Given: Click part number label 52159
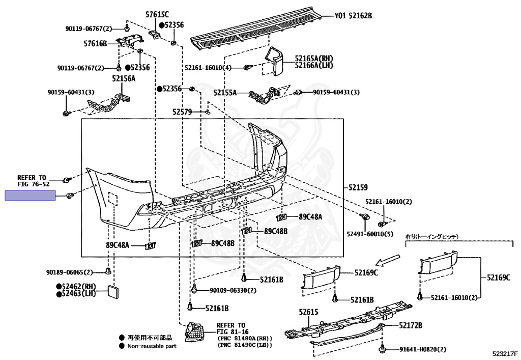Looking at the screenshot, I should pos(358,187).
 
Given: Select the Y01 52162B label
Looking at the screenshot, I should pos(353,16).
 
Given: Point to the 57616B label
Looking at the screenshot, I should pos(96,44).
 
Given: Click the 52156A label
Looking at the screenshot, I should pos(124,78).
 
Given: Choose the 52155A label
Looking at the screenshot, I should pos(225,93).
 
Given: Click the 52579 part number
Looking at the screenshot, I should pos(182,112).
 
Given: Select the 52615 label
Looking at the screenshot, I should pos(308,312).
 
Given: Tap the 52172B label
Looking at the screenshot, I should pos(411,325).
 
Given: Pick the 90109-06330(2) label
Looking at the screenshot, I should pos(233,290).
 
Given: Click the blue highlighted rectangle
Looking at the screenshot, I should pos(31,196).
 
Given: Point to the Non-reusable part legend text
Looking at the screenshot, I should pos(152,346).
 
